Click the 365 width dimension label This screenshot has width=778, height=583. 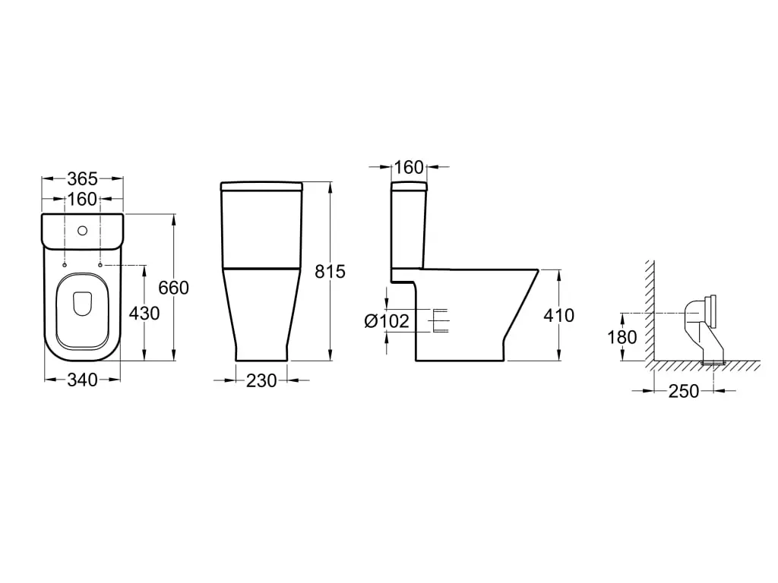(x=82, y=179)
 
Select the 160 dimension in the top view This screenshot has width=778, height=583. (x=82, y=200)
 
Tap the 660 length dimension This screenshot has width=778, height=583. (x=173, y=288)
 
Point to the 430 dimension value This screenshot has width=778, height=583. (x=144, y=313)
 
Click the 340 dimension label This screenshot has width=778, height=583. (x=82, y=380)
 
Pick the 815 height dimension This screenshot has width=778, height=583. (x=330, y=272)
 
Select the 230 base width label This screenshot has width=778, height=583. (x=261, y=381)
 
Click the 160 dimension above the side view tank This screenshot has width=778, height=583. (x=409, y=167)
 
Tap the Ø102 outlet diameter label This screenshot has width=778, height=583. (x=387, y=321)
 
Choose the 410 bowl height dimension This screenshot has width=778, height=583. (x=559, y=315)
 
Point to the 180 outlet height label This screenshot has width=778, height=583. (x=622, y=337)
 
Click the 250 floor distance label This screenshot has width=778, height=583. (x=683, y=392)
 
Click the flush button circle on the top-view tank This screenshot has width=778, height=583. (x=82, y=228)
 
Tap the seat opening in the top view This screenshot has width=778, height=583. (x=82, y=304)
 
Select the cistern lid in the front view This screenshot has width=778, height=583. (x=261, y=186)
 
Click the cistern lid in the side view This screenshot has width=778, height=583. (x=409, y=187)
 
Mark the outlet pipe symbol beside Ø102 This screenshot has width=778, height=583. (x=439, y=321)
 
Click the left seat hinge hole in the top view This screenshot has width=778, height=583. (x=65, y=265)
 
